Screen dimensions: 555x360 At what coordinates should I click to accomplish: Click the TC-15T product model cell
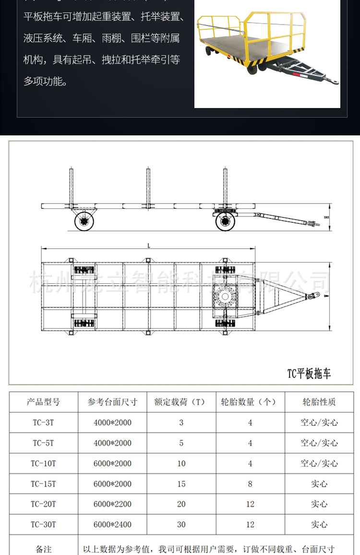[43, 484]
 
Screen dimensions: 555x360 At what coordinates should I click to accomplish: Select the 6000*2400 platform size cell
[112, 525]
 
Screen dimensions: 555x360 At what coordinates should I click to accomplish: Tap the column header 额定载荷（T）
[181, 402]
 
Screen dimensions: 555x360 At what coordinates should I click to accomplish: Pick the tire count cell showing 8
[250, 484]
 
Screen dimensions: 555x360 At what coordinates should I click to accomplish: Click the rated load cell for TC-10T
[181, 464]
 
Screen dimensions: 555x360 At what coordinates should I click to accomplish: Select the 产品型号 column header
[43, 402]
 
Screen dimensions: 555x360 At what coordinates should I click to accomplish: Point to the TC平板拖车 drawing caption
[309, 374]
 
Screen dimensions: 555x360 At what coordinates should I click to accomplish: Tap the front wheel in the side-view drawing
[225, 222]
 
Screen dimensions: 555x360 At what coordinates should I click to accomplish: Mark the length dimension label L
[149, 246]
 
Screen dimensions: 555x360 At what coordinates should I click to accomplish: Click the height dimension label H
[326, 217]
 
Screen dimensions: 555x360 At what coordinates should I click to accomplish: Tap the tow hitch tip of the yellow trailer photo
[336, 83]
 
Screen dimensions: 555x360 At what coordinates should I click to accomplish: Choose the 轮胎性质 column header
[319, 402]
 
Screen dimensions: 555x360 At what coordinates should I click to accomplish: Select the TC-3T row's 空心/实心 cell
[319, 423]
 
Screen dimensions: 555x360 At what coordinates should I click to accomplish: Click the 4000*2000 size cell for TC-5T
[112, 443]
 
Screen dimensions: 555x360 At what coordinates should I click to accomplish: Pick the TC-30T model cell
[43, 525]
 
